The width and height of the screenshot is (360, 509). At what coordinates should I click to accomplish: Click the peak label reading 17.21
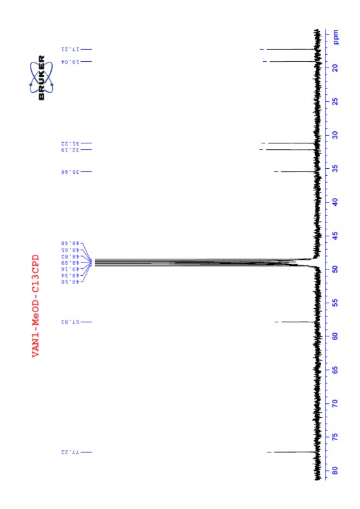coord(69,49)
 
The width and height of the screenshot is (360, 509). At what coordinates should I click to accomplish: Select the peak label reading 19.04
coord(69,62)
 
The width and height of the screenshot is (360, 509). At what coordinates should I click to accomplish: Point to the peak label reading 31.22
coord(69,143)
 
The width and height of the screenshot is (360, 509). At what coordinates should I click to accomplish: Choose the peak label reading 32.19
coord(69,150)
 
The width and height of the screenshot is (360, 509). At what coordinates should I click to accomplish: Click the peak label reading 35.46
coord(69,172)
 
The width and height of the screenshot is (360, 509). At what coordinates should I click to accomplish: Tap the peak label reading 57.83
coord(69,322)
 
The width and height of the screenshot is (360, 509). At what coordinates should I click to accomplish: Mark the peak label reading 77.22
coord(69,452)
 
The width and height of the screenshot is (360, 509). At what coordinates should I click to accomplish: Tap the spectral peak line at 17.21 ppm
coord(290,49)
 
